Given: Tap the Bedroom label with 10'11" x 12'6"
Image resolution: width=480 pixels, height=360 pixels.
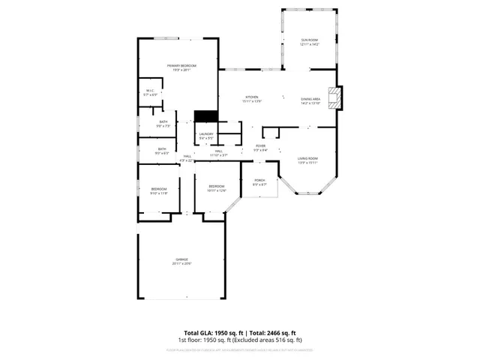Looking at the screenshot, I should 217,187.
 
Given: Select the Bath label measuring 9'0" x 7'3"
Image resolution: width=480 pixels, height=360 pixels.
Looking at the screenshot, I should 163,124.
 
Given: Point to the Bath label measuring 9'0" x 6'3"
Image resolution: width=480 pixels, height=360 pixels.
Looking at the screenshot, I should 162,151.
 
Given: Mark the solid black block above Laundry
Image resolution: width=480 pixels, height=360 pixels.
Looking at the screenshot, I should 205,116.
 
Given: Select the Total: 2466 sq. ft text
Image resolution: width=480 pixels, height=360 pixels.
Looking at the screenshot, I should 273,333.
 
